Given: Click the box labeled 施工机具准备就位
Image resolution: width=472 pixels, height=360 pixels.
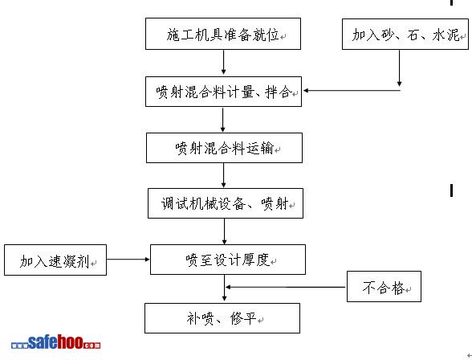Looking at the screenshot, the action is click(223, 34).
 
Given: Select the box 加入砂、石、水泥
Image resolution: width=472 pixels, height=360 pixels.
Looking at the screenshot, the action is click(405, 34).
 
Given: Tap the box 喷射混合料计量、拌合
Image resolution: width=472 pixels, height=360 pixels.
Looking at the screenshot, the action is click(223, 92).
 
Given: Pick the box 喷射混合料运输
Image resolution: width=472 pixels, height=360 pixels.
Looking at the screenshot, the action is click(224, 148).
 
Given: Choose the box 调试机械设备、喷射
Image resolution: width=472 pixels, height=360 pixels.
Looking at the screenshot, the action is click(226, 203).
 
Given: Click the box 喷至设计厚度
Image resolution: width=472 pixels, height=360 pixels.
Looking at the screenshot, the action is click(228, 260).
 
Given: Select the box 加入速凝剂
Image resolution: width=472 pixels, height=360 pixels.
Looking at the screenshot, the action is click(55, 260).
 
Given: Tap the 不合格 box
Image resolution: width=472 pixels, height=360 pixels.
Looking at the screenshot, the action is click(384, 287).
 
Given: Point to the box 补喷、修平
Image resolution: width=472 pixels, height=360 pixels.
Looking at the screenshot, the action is click(222, 318).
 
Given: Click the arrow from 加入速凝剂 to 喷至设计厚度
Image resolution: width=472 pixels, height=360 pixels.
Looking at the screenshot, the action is click(128, 259).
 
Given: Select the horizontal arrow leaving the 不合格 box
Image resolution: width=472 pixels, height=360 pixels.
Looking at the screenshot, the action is click(286, 287).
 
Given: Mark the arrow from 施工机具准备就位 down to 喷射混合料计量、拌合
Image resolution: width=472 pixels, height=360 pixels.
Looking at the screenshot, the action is click(223, 62).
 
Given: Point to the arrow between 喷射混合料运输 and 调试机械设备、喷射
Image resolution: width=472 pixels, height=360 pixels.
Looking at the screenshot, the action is click(223, 175).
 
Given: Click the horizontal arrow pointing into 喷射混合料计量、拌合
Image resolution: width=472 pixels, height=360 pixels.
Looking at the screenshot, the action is click(352, 90).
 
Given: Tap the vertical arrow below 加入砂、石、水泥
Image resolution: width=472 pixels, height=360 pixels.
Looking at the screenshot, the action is click(400, 68).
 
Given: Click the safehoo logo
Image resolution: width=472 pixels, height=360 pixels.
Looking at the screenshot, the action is click(55, 342).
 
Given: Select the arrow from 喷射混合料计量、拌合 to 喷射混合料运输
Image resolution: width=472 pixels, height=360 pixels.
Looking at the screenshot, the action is click(223, 120).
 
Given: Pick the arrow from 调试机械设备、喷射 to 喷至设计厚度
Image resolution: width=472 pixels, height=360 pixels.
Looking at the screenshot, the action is click(224, 231).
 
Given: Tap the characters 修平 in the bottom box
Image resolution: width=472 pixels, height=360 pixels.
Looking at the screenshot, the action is click(243, 318).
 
